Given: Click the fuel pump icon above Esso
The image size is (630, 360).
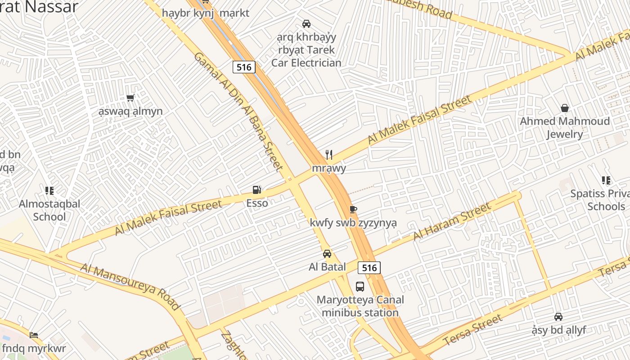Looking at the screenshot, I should pyautogui.click(x=257, y=190).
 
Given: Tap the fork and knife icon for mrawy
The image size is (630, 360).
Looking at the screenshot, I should pyautogui.click(x=329, y=155).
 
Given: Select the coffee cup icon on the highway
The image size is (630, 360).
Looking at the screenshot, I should pyautogui.click(x=353, y=209).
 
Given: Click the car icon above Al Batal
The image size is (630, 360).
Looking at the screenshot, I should pyautogui.click(x=327, y=253).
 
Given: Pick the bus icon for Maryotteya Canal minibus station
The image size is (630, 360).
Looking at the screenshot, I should pyautogui.click(x=360, y=286).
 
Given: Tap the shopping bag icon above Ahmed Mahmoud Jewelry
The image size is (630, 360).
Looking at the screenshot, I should pyautogui.click(x=565, y=108).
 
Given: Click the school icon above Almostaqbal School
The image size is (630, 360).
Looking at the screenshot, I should pyautogui.click(x=49, y=191).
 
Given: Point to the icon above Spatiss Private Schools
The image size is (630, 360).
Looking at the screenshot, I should pyautogui.click(x=606, y=180).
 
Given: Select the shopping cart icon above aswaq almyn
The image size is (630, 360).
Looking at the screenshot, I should pyautogui.click(x=130, y=98).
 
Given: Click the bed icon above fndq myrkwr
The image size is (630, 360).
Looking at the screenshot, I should pyautogui.click(x=34, y=335).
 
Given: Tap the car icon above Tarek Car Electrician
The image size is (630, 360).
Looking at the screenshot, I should pyautogui.click(x=306, y=23).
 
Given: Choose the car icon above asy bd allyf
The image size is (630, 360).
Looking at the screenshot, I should pyautogui.click(x=558, y=317).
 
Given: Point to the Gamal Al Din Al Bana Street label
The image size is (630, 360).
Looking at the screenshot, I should pyautogui.click(x=238, y=111).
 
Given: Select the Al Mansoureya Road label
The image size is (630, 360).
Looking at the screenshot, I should pyautogui.click(x=130, y=286).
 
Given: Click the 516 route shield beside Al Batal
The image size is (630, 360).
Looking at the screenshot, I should pyautogui.click(x=369, y=268).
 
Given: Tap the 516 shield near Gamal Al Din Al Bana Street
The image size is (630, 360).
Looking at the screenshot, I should pyautogui.click(x=244, y=67).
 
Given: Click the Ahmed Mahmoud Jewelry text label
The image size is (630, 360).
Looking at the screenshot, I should pyautogui.click(x=565, y=127).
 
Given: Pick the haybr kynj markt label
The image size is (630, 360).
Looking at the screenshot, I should pyautogui.click(x=206, y=13).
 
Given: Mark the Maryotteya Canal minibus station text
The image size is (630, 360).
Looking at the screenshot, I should pyautogui.click(x=360, y=306).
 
